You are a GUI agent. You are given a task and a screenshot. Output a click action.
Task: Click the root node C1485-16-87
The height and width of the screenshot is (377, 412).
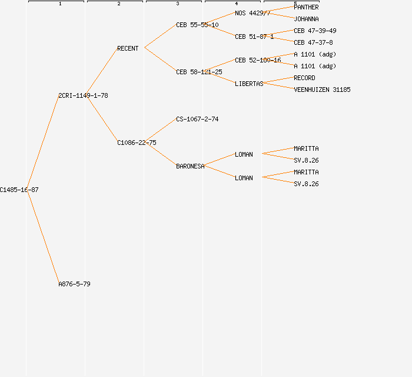pyautogui.click(x=19, y=190)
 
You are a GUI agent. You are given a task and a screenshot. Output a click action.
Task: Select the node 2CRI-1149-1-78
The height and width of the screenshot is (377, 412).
pyautogui.click(x=83, y=95)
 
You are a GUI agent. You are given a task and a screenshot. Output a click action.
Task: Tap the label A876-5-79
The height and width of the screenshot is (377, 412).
pyautogui.click(x=74, y=284)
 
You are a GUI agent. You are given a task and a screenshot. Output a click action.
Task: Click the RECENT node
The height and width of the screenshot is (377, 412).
pyautogui.click(x=128, y=48)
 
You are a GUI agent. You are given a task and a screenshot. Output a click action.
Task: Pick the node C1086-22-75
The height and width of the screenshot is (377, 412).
pyautogui.click(x=137, y=143)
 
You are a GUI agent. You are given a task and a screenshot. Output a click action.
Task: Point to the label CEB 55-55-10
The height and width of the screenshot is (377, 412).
pyautogui.click(x=197, y=25)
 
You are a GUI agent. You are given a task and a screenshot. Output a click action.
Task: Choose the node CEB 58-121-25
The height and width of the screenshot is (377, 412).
pyautogui.click(x=199, y=72)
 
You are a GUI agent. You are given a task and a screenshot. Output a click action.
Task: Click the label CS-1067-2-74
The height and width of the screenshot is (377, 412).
pyautogui.click(x=197, y=119)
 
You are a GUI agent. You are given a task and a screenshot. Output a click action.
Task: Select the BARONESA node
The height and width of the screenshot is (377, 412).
pyautogui.click(x=190, y=166)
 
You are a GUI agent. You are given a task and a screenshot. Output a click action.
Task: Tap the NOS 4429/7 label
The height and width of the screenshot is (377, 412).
pyautogui.click(x=252, y=13)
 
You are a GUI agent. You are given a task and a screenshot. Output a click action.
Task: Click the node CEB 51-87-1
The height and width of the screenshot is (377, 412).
pyautogui.click(x=254, y=37)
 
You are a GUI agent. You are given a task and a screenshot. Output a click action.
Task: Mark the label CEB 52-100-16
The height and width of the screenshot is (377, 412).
pyautogui.click(x=258, y=60)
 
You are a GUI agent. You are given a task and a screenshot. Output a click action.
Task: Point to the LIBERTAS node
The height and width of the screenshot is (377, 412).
pyautogui.click(x=249, y=84)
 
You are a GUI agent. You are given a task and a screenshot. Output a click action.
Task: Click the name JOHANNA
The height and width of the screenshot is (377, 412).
pyautogui.click(x=306, y=19)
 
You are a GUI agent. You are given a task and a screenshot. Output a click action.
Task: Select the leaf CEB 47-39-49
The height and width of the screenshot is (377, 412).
pyautogui.click(x=315, y=31)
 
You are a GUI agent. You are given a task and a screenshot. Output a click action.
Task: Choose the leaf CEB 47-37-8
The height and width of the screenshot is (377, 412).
pyautogui.click(x=313, y=42)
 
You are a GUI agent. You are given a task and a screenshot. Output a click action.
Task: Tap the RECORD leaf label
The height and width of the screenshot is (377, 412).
pyautogui.click(x=304, y=78)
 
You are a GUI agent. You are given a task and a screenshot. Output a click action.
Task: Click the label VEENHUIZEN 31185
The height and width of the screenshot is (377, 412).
pyautogui.click(x=322, y=90)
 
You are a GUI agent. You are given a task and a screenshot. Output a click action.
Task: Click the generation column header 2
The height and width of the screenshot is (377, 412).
pyautogui.click(x=118, y=4)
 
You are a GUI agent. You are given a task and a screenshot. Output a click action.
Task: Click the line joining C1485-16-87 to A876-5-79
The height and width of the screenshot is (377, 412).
pyautogui.click(x=44, y=237)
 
